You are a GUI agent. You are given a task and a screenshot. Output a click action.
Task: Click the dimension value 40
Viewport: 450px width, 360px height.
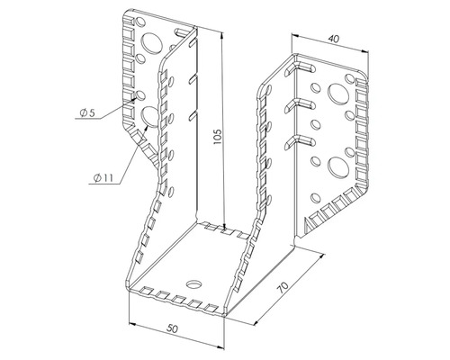pyautogui.click(x=333, y=39)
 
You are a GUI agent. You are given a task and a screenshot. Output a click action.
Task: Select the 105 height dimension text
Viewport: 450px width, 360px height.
pyautogui.click(x=218, y=137)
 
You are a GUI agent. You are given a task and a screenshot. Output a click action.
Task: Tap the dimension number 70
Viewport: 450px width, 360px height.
pyautogui.click(x=283, y=287)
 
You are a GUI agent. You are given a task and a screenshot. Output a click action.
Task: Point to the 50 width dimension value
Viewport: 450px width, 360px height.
pyautogui.click(x=173, y=328)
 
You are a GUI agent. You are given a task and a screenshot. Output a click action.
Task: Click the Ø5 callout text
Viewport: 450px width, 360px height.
pyautogui.click(x=87, y=112)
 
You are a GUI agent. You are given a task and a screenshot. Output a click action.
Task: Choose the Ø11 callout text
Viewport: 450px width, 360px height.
pyautogui.click(x=103, y=178)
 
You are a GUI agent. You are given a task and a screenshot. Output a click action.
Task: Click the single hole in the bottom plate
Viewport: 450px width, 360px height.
pyautogui.click(x=193, y=283)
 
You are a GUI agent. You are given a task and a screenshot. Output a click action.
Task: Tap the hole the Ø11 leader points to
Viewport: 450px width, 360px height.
pyautogui.click(x=149, y=117)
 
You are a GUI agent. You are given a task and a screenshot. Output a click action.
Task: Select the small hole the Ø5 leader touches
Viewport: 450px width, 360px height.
pyautogui.click(x=140, y=95)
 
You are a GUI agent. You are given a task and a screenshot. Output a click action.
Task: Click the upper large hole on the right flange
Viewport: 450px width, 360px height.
pyautogui.click(x=339, y=94)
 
